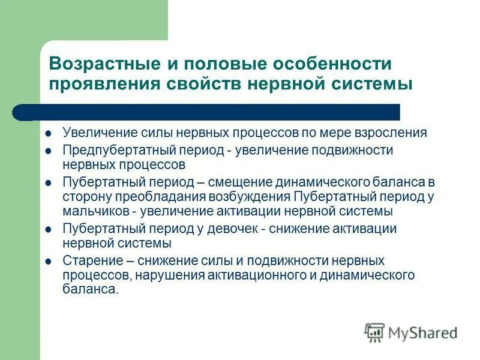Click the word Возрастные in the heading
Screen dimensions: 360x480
click(100, 64)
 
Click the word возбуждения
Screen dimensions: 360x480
click(250, 196)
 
